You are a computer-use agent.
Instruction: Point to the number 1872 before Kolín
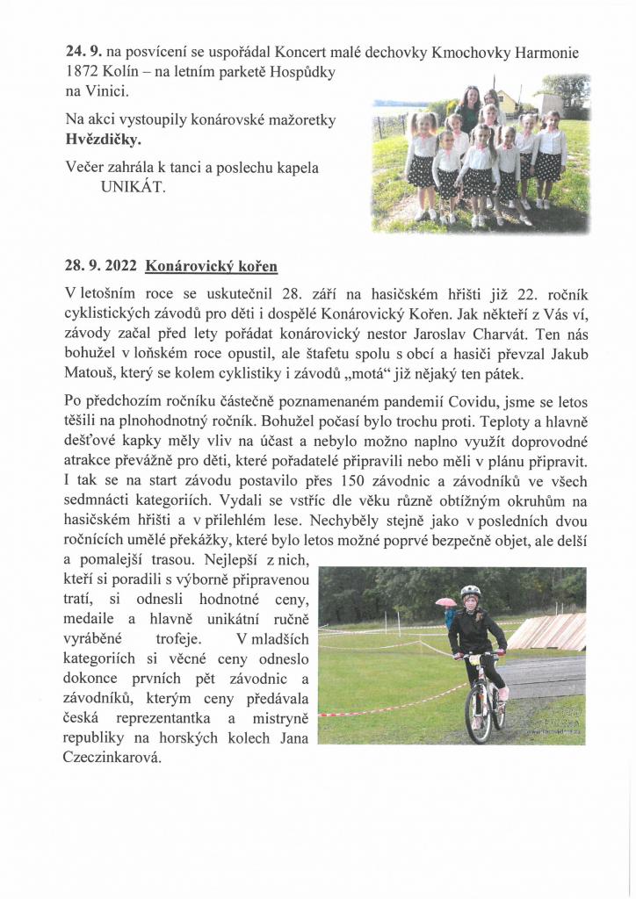coord(86,71)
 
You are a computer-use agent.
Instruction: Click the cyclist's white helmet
coord(471,592)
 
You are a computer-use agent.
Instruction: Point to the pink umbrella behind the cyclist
coord(446,602)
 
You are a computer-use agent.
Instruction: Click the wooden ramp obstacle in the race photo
coord(548,631)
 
